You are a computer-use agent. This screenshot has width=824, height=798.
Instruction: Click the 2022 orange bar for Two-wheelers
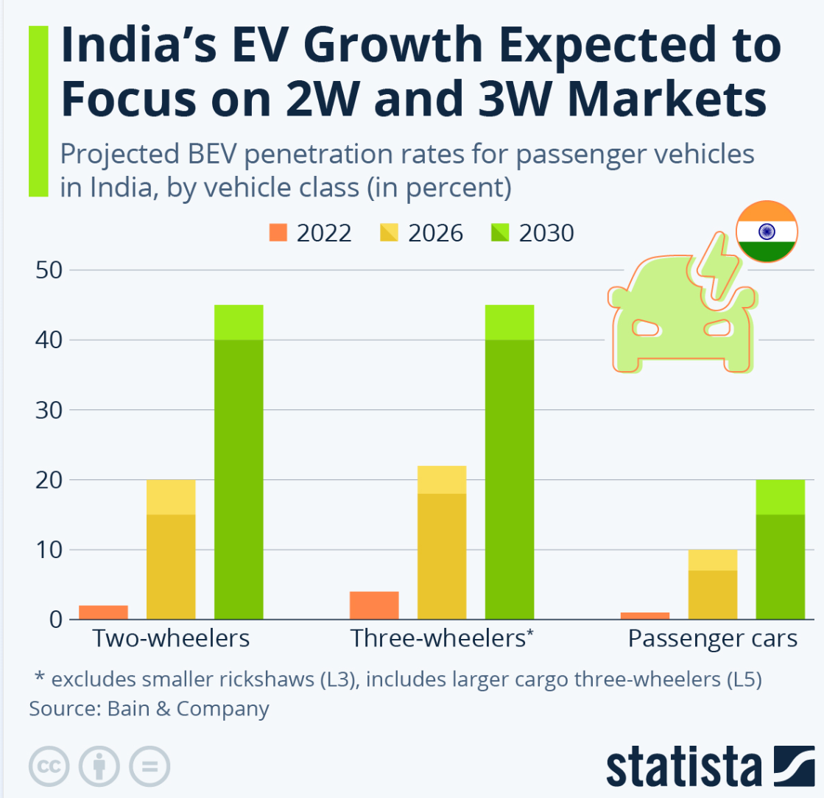[x=103, y=612]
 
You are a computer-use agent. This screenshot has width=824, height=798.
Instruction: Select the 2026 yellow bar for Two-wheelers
[x=171, y=549]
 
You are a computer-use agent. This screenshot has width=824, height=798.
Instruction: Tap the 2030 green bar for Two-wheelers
[x=239, y=462]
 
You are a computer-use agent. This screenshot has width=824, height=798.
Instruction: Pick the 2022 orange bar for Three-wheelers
[x=374, y=605]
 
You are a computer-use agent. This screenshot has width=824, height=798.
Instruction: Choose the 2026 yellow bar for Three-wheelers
[x=442, y=543]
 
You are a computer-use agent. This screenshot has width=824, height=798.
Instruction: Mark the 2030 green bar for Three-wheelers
[x=510, y=462]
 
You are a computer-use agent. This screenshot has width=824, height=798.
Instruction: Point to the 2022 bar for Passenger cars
[x=645, y=615]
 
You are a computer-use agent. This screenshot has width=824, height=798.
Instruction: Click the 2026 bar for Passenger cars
[x=713, y=585]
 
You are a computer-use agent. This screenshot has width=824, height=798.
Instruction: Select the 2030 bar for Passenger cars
[x=781, y=549]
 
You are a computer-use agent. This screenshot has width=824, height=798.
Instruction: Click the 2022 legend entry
[x=310, y=233]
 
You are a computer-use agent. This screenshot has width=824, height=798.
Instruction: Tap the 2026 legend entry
[x=421, y=233]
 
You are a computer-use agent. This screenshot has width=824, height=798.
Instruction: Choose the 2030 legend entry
[x=532, y=233]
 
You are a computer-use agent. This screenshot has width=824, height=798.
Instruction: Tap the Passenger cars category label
[x=713, y=638]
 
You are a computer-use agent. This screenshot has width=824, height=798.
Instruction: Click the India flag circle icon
[x=767, y=231]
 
